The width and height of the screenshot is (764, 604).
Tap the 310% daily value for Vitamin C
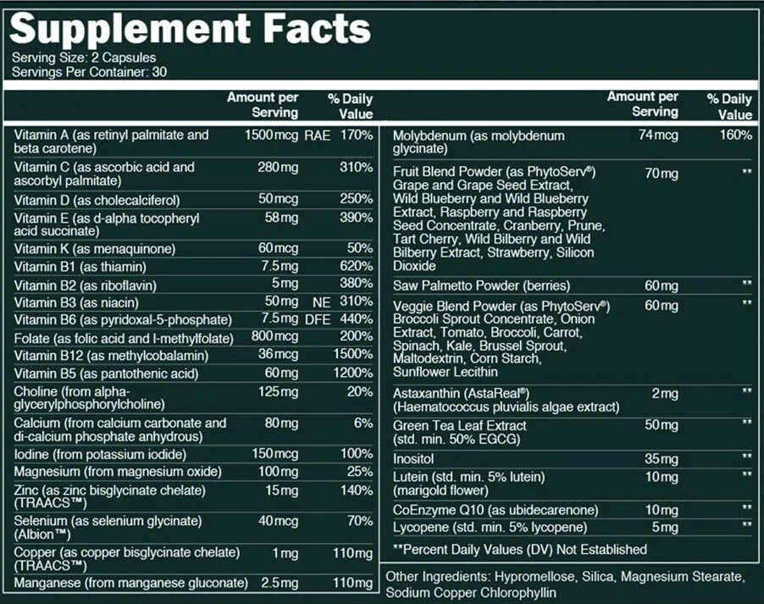[x=357, y=167]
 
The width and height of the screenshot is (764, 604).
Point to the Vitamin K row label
[x=95, y=248]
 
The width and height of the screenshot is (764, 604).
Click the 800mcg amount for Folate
[x=271, y=337]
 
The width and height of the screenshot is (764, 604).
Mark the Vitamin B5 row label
[x=106, y=373]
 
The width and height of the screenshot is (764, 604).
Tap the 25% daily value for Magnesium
[x=360, y=471]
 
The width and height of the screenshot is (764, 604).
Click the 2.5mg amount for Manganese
[x=279, y=583]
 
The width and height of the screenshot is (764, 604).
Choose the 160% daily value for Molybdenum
[x=734, y=136]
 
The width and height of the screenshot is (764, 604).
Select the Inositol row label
[x=413, y=458]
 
